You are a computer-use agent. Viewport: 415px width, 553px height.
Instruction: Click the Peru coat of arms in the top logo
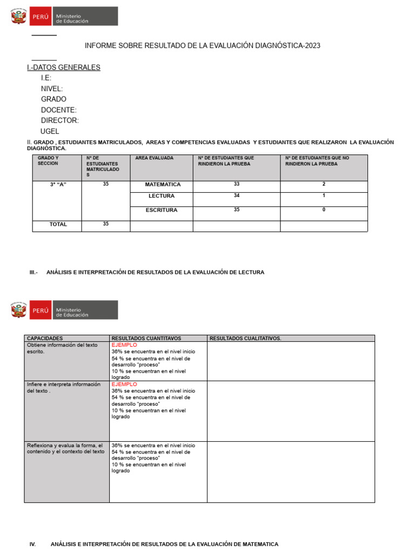(19, 17)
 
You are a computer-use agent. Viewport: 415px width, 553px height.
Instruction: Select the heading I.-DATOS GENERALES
(63, 68)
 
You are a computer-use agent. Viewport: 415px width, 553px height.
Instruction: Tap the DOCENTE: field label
(58, 110)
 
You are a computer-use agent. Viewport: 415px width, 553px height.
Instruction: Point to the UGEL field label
(50, 131)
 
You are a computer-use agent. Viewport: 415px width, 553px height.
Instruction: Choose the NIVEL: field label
(51, 89)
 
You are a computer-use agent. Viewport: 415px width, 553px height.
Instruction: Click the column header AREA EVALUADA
(154, 158)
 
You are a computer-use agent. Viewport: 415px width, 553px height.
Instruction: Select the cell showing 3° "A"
(58, 185)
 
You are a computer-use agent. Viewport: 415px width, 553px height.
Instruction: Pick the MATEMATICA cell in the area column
(163, 185)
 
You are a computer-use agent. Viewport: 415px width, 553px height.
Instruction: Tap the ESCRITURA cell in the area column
(162, 210)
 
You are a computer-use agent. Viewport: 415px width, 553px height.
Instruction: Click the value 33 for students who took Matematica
(237, 184)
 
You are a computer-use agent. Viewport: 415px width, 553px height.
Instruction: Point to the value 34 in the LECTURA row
(237, 195)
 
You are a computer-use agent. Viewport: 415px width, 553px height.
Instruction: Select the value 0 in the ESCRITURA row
(324, 210)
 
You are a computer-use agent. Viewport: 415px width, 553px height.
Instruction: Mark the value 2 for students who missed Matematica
(324, 184)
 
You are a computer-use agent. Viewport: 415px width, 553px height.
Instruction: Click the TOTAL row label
(58, 224)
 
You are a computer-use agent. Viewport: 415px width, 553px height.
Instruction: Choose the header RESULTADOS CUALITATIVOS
(245, 339)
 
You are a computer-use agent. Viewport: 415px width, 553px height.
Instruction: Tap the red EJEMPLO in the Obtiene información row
(124, 345)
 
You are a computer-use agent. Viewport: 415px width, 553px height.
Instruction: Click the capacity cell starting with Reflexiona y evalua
(66, 448)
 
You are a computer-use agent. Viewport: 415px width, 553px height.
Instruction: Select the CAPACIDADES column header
(45, 339)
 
